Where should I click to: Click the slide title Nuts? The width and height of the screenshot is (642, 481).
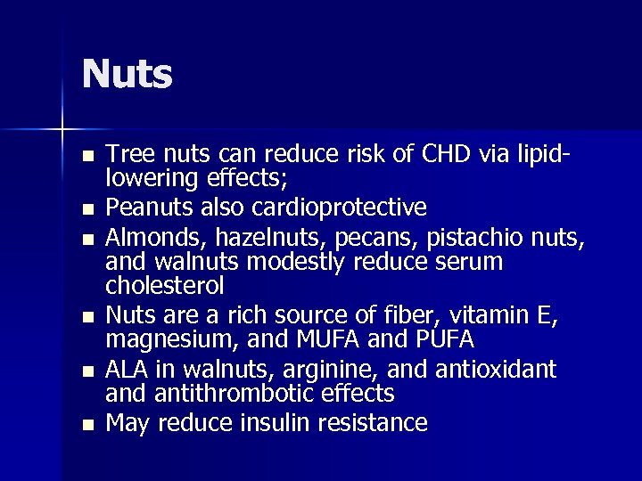point(127,75)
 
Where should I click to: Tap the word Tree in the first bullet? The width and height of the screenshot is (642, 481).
point(127,154)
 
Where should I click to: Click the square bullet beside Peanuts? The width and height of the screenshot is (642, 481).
point(86,209)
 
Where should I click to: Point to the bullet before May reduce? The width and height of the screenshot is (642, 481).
point(86,423)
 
